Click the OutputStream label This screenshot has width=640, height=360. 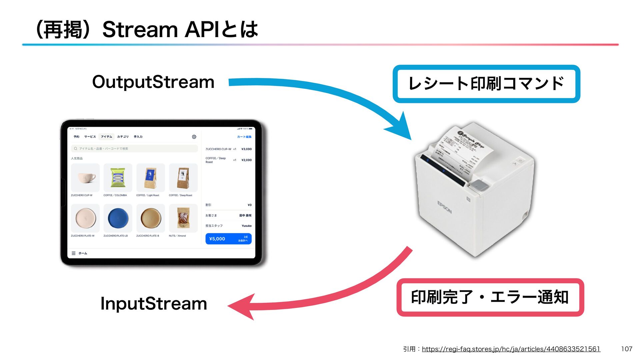pos(153,82)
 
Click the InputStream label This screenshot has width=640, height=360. pos(154,304)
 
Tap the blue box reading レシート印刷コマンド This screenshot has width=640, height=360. pos(486,84)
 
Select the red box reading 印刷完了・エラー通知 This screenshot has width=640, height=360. pos(490,297)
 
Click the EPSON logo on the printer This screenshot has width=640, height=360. pos(444,207)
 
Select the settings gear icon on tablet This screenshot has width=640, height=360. pos(194,137)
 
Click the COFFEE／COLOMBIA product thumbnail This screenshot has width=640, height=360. pos(118,178)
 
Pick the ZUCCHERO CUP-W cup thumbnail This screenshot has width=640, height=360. pos(85,178)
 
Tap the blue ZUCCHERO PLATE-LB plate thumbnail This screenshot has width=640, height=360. pos(118,218)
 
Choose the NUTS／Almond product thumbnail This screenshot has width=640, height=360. pos(183,218)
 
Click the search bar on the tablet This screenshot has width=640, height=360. pos(134,149)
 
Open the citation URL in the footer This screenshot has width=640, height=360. pos(511,349)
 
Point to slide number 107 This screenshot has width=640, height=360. pos(626,349)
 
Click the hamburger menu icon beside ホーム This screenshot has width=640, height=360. pos(74,253)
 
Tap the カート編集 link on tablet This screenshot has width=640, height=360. pos(244,137)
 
